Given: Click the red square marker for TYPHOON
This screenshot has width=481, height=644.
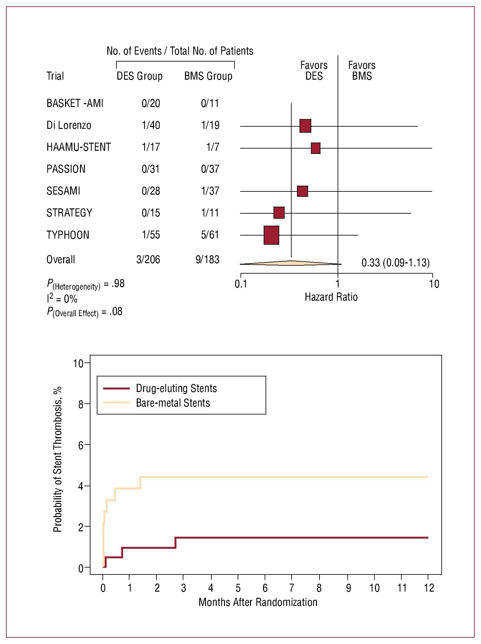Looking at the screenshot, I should click(x=271, y=235).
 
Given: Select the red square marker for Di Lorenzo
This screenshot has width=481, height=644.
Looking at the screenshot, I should click(x=305, y=126).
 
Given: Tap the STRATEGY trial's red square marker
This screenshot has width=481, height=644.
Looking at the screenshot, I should click(x=279, y=213).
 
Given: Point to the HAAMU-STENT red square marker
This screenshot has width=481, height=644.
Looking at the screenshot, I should click(x=315, y=148).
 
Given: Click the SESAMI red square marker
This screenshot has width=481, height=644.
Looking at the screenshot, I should click(x=302, y=191).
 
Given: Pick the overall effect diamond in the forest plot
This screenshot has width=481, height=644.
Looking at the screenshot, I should click(x=290, y=263).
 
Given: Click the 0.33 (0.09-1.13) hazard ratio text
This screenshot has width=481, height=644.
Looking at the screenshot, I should click(x=395, y=263).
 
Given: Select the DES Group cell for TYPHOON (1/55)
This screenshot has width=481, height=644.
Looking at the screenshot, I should click(x=151, y=235).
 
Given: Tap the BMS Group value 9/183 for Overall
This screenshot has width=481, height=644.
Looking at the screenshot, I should click(x=208, y=260).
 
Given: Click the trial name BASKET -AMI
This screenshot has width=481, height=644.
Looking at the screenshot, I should click(x=75, y=103).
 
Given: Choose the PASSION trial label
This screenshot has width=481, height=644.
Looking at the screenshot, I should click(x=66, y=169).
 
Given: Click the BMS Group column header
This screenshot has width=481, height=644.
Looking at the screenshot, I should click(x=208, y=76).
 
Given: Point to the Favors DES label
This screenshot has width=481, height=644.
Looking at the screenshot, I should click(x=314, y=71).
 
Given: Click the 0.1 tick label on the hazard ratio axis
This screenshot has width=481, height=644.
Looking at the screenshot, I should click(x=241, y=284).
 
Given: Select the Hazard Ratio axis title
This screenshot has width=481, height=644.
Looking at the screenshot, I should click(x=331, y=297).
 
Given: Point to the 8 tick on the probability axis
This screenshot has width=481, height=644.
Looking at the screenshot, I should click(x=81, y=404).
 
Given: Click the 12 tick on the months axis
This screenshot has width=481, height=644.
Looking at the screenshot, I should click(x=429, y=588).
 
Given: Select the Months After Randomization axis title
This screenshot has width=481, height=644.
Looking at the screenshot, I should click(x=258, y=602).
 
